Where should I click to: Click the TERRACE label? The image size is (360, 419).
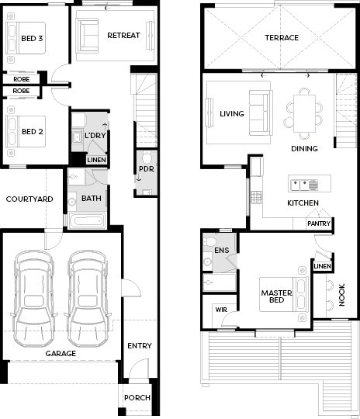[282, 38]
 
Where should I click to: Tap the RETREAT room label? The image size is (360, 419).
[123, 35]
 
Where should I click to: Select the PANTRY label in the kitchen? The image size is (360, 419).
[319, 223]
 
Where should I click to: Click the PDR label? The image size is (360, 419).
[147, 169]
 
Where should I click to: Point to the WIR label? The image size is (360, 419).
[221, 310]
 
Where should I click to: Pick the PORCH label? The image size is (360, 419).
[137, 397]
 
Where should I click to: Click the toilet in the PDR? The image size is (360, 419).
[147, 157]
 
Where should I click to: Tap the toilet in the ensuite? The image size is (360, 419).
[209, 242]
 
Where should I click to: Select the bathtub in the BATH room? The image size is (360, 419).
[88, 221]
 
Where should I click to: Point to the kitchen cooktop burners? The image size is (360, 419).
[257, 198]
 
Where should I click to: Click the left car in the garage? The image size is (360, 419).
[33, 299]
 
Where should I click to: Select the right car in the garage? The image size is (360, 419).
[87, 299]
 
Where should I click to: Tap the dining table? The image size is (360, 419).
[304, 113]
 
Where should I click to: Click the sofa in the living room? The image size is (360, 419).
[261, 113]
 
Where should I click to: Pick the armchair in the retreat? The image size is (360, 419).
[87, 36]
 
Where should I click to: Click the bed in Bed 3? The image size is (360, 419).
[26, 38]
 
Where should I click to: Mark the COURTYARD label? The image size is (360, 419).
[29, 199]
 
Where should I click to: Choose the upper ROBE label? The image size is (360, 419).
[22, 79]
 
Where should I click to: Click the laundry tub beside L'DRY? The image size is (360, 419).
[78, 137]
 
